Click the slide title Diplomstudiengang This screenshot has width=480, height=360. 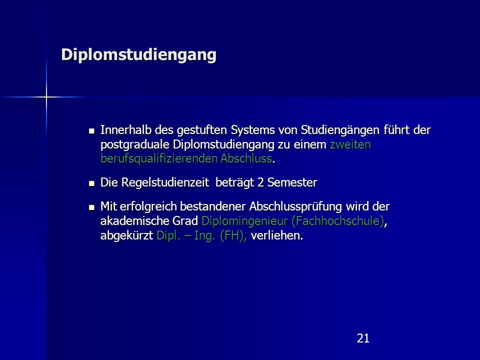(138, 55)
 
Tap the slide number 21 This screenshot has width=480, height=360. (363, 338)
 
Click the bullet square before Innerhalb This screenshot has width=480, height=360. (91, 131)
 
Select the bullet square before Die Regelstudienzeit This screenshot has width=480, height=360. (91, 183)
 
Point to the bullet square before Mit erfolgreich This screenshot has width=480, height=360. (91, 207)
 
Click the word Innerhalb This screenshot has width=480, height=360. (126, 130)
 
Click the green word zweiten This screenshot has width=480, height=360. (350, 144)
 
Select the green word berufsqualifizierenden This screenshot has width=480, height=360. (159, 159)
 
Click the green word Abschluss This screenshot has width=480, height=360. (246, 158)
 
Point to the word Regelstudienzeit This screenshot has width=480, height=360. (165, 183)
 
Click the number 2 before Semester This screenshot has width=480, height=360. (260, 183)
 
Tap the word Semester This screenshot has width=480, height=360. (292, 183)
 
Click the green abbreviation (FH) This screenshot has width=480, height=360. (233, 236)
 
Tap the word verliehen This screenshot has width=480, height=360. (276, 235)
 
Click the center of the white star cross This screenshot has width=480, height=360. (46, 97)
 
